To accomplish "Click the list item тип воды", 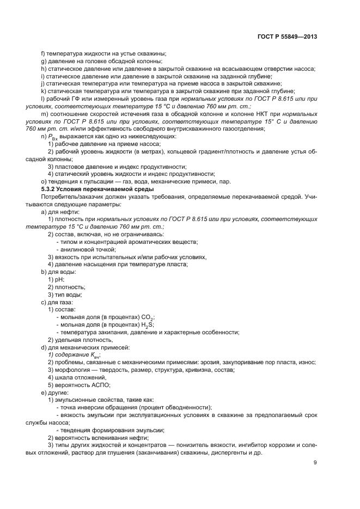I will click(66, 294).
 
